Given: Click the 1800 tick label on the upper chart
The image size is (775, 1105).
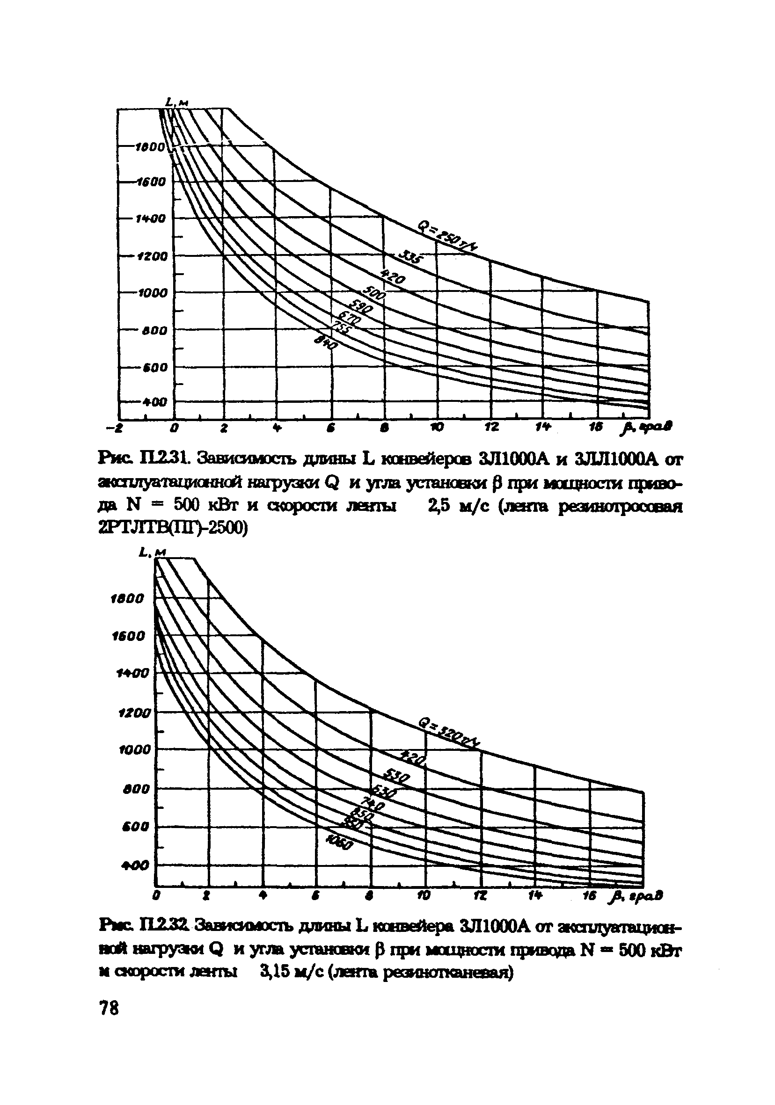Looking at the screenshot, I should [x=151, y=148].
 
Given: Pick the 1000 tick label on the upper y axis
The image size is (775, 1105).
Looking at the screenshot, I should [x=151, y=293].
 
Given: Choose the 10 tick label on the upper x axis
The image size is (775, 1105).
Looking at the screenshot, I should [x=438, y=428].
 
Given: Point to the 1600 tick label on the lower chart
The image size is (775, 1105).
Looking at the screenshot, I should [x=128, y=636].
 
